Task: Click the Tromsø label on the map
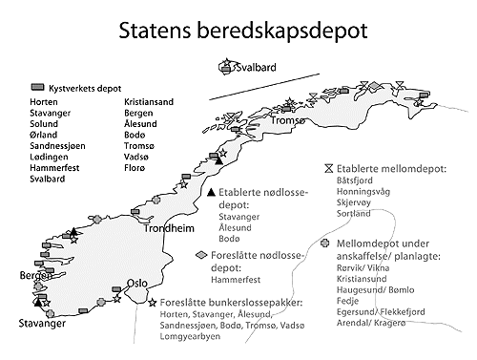click(288, 121)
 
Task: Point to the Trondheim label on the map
click(166, 230)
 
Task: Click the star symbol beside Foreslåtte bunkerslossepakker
click(153, 303)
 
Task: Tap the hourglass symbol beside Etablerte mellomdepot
click(329, 162)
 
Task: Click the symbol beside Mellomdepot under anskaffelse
click(327, 244)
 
